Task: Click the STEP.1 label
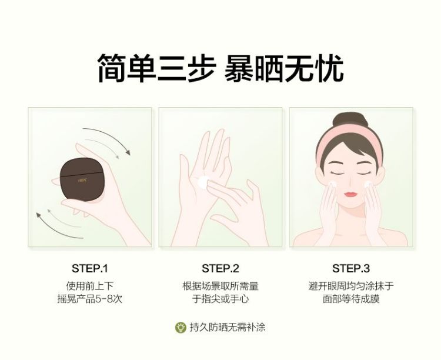click(89, 268)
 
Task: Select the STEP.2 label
click(220, 268)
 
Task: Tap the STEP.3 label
click(350, 268)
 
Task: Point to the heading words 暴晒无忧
click(284, 69)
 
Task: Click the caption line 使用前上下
click(89, 286)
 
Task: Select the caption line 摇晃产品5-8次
click(89, 299)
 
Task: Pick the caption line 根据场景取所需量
click(220, 286)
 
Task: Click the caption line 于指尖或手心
click(220, 299)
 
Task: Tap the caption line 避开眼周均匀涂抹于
click(350, 286)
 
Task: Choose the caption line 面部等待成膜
click(350, 299)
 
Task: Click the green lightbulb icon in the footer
click(180, 327)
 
